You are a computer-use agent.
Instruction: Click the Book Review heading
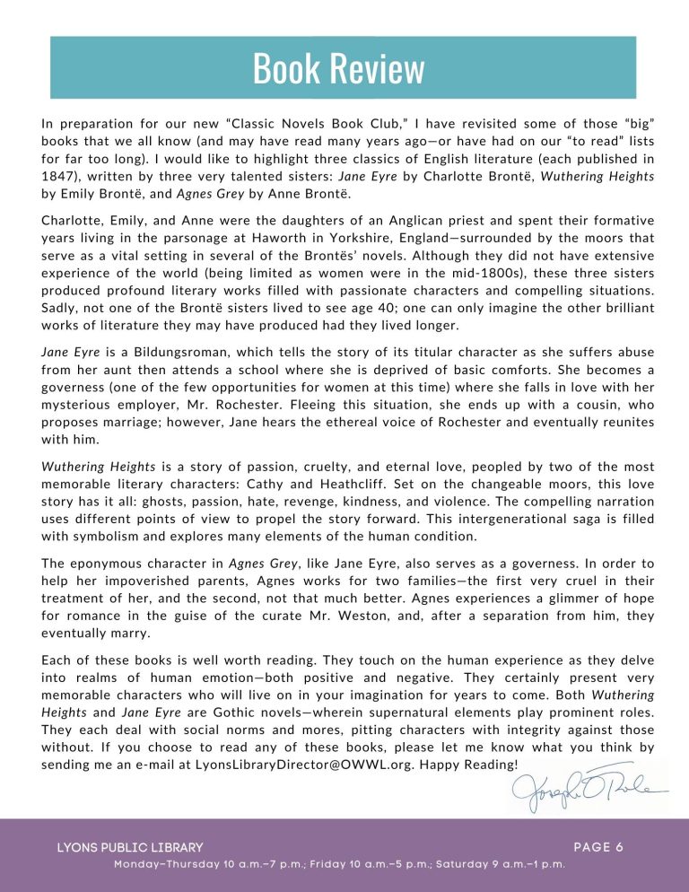(338, 68)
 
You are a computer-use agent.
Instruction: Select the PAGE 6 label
(598, 846)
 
